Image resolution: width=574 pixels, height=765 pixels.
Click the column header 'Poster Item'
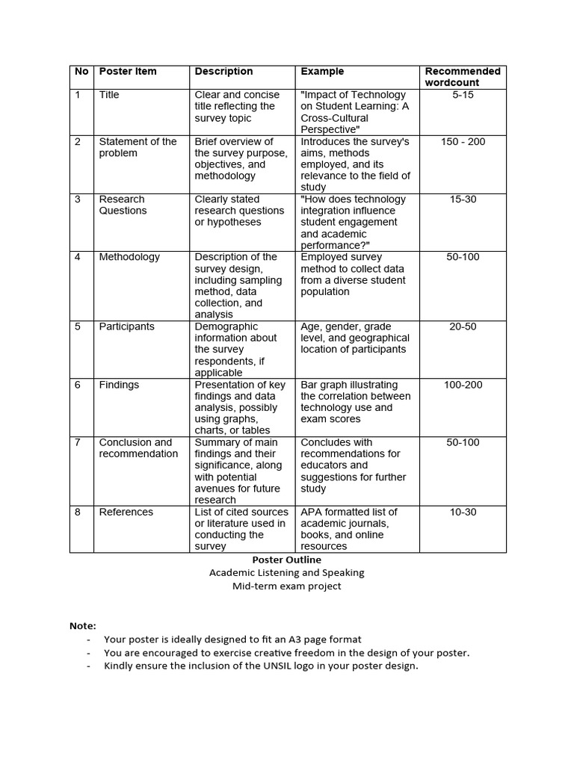tap(128, 72)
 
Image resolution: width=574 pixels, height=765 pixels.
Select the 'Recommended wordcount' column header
tap(463, 77)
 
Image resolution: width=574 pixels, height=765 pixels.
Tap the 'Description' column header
tap(223, 72)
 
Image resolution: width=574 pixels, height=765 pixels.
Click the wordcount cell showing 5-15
tap(463, 95)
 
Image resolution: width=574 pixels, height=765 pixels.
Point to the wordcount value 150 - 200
tap(463, 141)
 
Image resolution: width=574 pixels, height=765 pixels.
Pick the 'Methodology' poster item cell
tap(129, 257)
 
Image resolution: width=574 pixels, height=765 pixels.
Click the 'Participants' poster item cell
tap(127, 326)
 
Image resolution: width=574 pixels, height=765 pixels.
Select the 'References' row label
tap(126, 512)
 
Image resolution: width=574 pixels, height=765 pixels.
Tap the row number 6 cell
tap(78, 385)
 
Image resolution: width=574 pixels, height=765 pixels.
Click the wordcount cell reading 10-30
tap(463, 512)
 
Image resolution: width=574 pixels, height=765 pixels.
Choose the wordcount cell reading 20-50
tap(463, 326)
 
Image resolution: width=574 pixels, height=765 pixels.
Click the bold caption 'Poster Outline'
tap(286, 560)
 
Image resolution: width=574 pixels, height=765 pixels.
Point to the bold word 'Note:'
tap(83, 625)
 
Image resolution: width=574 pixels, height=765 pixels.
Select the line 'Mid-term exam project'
tap(286, 586)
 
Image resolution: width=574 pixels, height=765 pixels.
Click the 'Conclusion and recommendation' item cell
tap(138, 448)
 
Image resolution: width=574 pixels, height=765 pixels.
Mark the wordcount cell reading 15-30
tap(463, 199)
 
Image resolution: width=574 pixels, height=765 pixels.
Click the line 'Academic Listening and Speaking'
tap(286, 573)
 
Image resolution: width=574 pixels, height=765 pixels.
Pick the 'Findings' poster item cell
tap(119, 385)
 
